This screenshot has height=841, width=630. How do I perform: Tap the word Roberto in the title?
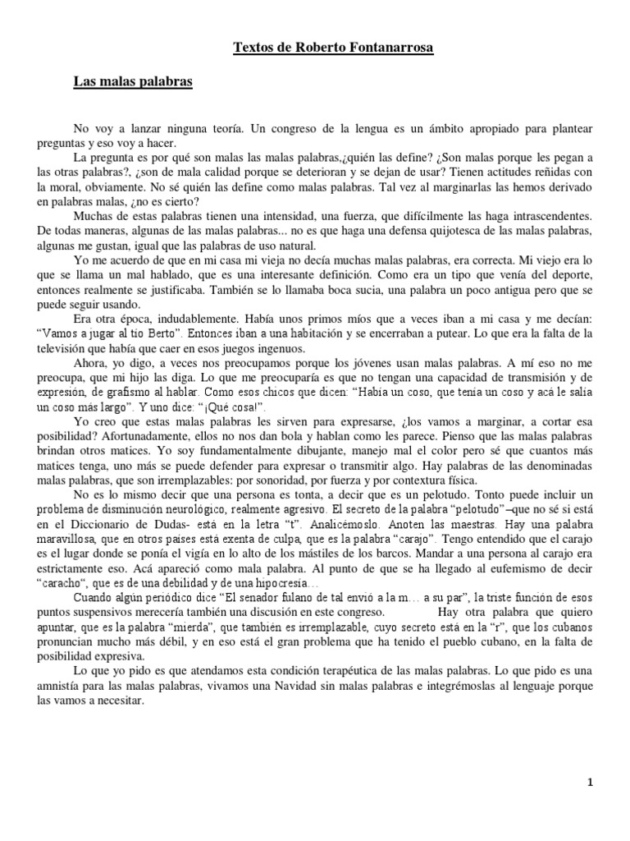click(313, 48)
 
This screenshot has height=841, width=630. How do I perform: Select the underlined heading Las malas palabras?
click(133, 83)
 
